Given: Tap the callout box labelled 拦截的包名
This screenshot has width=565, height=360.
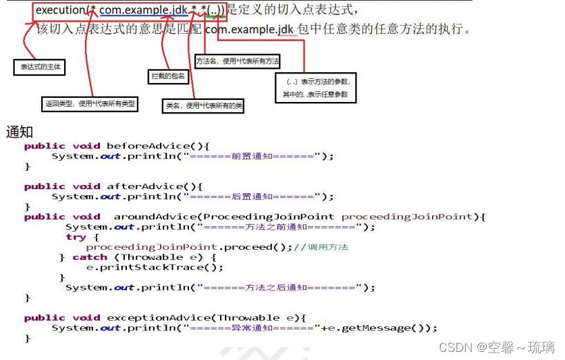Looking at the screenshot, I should pos(168,76).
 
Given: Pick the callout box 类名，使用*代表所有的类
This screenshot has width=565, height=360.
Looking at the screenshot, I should pos(205,105).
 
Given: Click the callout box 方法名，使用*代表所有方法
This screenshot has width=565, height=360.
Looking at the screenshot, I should pos(238,61).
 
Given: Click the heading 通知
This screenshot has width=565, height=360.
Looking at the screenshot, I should pos(19,132).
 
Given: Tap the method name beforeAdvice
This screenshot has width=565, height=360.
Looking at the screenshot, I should pos(152,146).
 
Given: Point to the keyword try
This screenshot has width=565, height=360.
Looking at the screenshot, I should pos(76,237).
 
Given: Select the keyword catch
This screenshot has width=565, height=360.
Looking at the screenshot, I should pos(90,257).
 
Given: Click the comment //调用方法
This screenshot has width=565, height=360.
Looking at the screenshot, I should pos(321,247).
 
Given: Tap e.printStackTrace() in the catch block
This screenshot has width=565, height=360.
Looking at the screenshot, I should pos(155,267).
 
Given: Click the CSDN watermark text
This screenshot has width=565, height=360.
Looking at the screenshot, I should pos(496,347).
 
